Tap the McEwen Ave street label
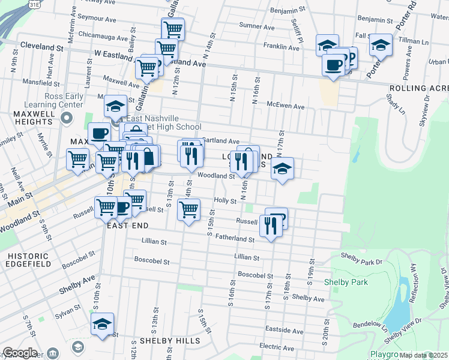tap(286, 106)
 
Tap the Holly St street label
tap(225, 201)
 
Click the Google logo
tap(19, 353)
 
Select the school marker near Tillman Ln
tap(380, 45)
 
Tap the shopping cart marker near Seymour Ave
tap(173, 28)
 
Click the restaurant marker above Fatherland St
tap(271, 226)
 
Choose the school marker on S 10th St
tap(103, 325)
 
